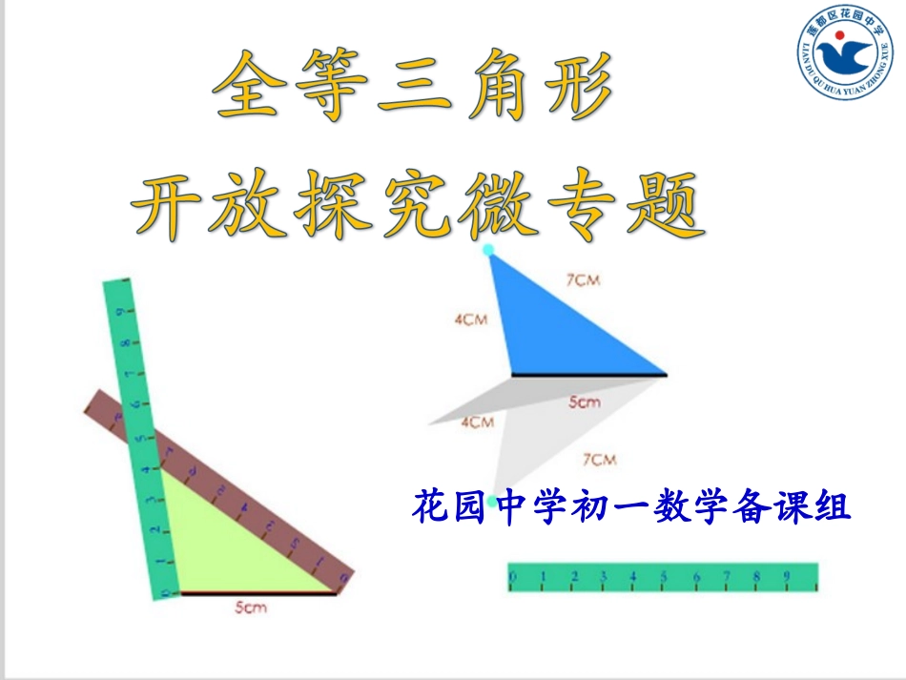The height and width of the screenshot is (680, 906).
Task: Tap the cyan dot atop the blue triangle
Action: tap(489, 250)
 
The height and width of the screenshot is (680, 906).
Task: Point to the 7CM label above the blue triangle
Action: tap(583, 280)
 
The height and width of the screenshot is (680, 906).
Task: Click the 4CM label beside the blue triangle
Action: tap(470, 319)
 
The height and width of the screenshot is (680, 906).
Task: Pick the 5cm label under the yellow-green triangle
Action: tap(251, 607)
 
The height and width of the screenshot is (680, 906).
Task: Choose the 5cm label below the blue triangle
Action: tap(585, 402)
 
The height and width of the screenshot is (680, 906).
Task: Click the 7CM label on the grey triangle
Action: tap(599, 460)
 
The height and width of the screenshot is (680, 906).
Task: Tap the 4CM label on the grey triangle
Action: tap(477, 422)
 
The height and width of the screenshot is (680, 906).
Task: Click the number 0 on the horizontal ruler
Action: tap(513, 577)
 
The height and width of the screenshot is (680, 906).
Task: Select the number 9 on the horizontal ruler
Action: tap(787, 576)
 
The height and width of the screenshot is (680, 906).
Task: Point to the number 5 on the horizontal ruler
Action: tap(664, 576)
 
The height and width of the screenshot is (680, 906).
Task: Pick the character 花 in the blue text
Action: tap(428, 505)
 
